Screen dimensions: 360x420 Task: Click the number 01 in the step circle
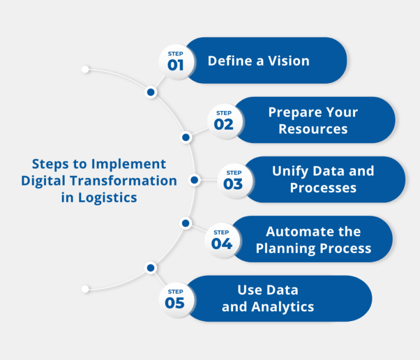coord(175,66)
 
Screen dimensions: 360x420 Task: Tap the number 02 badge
coord(224,125)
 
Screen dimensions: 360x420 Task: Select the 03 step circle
coord(233,184)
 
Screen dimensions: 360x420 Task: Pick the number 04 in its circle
coord(222,243)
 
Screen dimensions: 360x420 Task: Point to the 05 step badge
coord(175,303)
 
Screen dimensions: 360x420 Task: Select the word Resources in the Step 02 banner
coord(313,129)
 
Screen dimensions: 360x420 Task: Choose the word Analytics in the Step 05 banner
coord(283,307)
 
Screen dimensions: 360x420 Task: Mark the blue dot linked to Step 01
coord(150,92)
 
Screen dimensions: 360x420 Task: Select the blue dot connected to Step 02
coord(186,137)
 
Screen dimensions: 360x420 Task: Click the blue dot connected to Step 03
coord(194,179)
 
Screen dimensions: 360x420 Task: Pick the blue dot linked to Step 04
coord(185,223)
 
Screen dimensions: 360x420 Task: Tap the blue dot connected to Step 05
coord(150,268)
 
